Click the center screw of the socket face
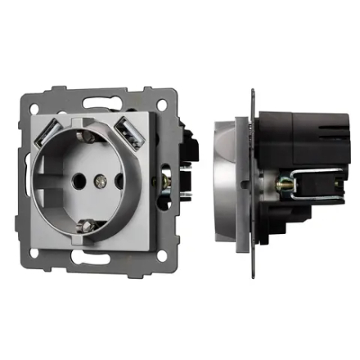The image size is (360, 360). pyautogui.click(x=102, y=178)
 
